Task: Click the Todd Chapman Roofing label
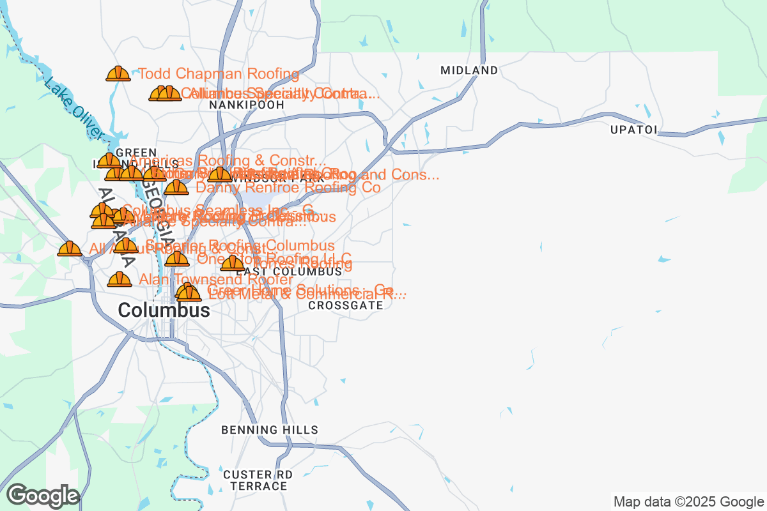point(219,74)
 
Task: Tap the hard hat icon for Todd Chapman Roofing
point(118,74)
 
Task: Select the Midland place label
point(469,70)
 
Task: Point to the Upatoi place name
point(633,130)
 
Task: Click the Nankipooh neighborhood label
point(246,105)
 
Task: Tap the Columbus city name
point(164,310)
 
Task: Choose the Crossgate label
point(346,305)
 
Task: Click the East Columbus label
point(289,271)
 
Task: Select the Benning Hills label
point(270,430)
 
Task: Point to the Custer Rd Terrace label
point(258,480)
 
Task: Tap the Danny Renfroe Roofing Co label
point(288,188)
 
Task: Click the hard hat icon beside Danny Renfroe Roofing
point(176,188)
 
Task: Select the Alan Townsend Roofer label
point(216,280)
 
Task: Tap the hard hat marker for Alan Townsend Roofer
point(120,280)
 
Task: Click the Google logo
point(43,496)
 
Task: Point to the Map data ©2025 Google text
point(688,501)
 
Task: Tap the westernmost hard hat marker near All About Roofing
point(70,248)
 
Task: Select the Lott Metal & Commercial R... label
point(307,294)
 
